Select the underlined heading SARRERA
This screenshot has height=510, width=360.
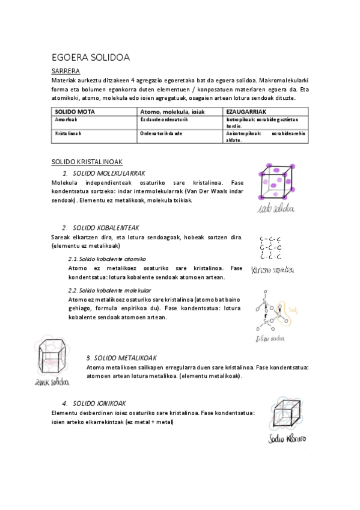pos(66,71)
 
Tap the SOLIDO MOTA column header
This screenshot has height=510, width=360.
pos(75,112)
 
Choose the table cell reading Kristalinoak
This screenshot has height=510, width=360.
pos(69,134)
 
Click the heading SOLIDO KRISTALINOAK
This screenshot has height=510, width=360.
pos(87,162)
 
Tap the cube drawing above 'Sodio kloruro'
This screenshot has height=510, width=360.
pos(286,414)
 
